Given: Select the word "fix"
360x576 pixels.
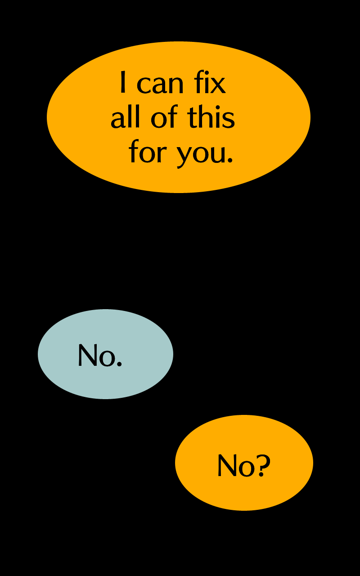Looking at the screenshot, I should coord(210,83).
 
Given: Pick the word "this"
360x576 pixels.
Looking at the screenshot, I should coord(211,118).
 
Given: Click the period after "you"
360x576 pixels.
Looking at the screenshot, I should coord(230,160).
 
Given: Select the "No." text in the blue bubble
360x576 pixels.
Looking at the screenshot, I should coord(100,355).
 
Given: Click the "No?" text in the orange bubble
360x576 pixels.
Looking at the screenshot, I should coord(243,465).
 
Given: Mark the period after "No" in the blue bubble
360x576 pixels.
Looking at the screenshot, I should coord(119,364).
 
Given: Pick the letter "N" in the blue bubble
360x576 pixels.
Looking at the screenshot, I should coord(87,355).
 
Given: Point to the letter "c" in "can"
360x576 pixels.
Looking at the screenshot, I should coord(144,85).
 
